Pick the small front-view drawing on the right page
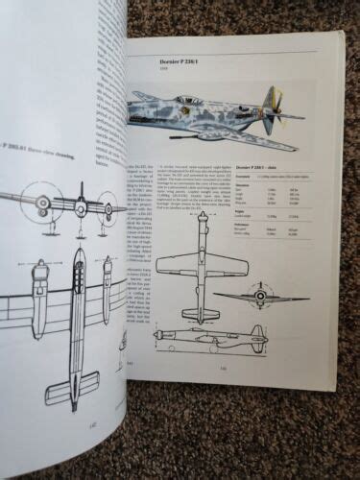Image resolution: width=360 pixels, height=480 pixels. pos(259,297)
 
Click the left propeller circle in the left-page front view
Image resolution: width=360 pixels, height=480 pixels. pos(42,202)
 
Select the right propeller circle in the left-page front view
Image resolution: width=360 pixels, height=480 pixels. pos(108,206)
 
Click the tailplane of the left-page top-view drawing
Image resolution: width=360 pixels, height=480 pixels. pos(72,386)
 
